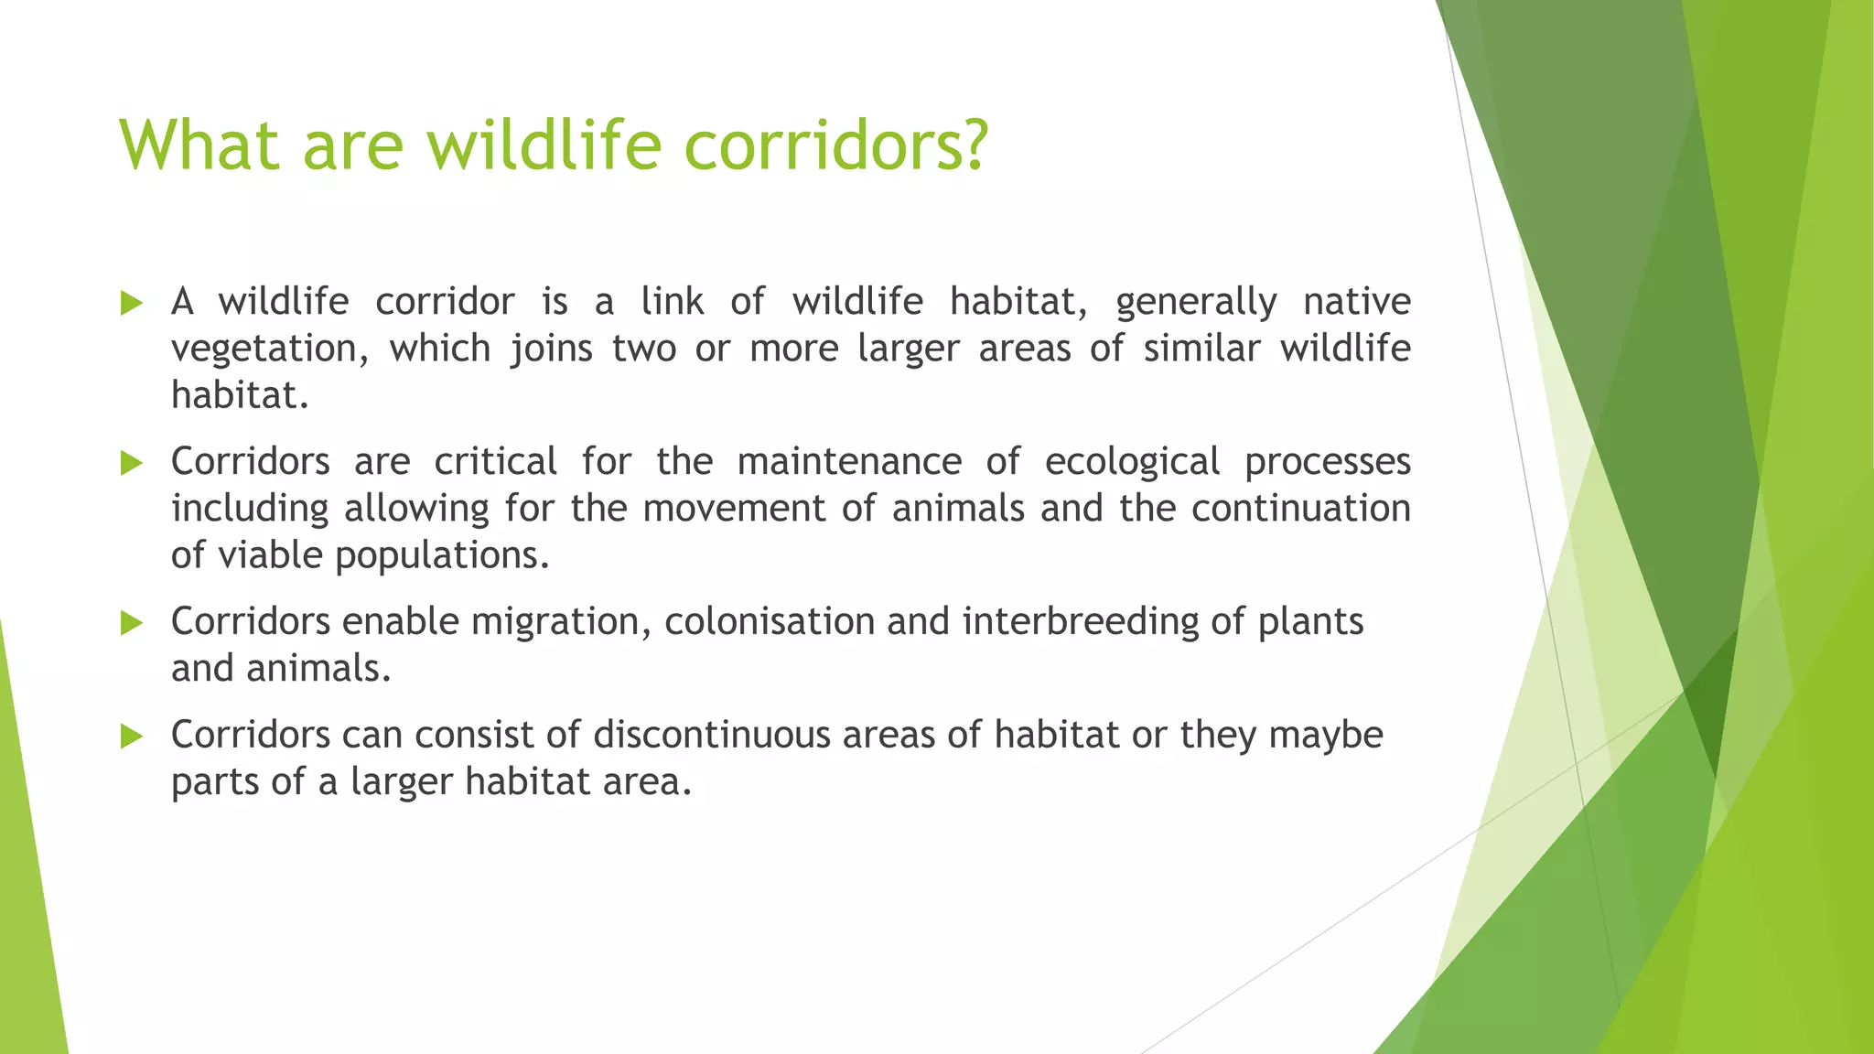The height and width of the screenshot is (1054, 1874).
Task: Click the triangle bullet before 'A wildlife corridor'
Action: tap(132, 303)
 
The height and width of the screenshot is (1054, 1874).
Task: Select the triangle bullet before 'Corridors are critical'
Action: tap(132, 463)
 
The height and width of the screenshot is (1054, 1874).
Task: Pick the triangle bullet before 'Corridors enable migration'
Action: tap(132, 623)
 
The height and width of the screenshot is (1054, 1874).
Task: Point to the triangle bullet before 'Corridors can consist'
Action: tap(132, 737)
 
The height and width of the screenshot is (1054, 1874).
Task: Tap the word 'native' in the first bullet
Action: tap(1357, 302)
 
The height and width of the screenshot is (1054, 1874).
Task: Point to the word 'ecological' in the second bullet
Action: tap(1132, 462)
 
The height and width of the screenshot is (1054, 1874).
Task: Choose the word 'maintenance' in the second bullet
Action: tap(849, 462)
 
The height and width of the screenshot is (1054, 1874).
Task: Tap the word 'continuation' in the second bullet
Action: tap(1300, 509)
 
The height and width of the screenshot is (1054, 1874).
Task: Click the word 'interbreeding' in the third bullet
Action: tap(1080, 622)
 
